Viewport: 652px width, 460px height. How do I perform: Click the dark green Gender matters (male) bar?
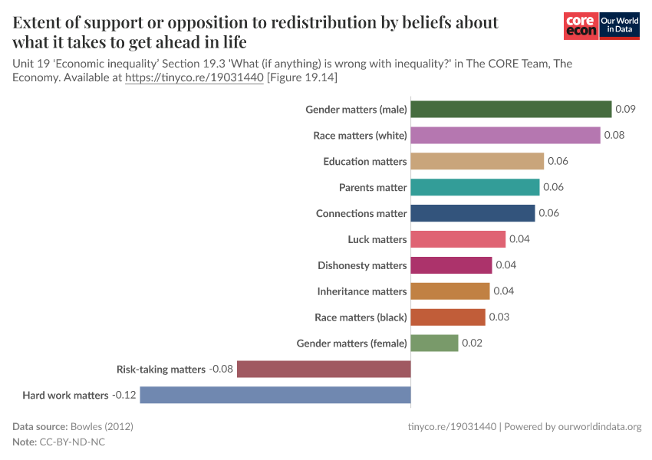pos(511,110)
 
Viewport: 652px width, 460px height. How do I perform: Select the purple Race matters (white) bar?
pos(505,136)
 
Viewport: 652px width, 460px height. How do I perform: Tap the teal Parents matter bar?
pos(475,187)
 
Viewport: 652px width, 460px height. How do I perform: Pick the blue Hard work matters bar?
pos(275,395)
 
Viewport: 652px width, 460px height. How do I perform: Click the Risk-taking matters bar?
pos(324,370)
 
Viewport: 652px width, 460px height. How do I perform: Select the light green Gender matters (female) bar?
pos(434,343)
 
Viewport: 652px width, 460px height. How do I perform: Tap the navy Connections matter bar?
pos(473,213)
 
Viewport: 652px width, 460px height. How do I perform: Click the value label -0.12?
pos(123,396)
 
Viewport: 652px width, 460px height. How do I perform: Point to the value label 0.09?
pos(625,110)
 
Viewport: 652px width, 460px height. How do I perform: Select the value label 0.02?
pos(472,343)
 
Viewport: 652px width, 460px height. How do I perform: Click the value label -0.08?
pos(221,370)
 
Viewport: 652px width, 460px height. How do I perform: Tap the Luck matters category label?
pos(377,239)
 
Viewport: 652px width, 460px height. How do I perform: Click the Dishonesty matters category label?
pos(362,265)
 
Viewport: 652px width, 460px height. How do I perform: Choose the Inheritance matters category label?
pos(362,291)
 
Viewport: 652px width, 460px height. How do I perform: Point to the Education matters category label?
pos(364,162)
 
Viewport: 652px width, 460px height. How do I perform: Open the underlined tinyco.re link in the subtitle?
pos(194,78)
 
